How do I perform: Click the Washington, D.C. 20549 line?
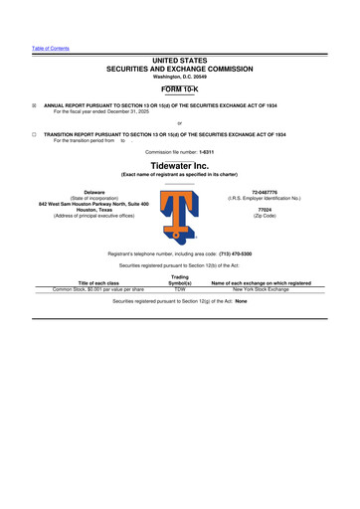click(180, 77)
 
